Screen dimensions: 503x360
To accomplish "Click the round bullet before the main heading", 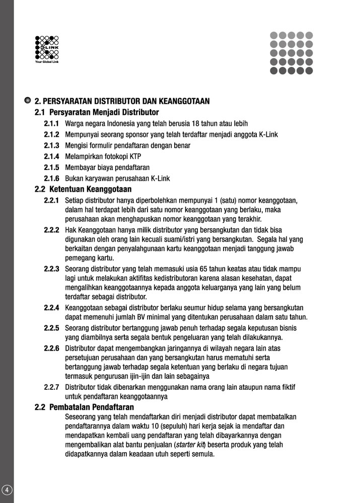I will pyautogui.click(x=28, y=101).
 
